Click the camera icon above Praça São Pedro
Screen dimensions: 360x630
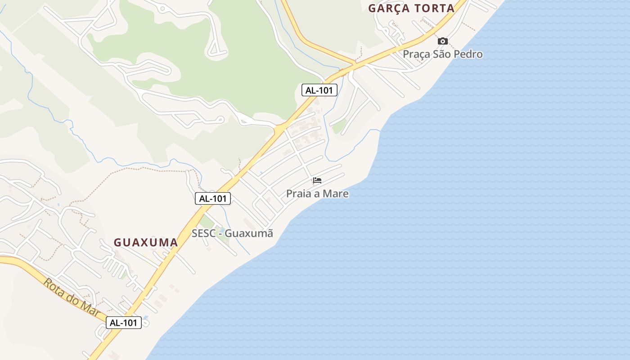pyautogui.click(x=443, y=41)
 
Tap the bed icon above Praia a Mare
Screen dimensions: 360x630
pyautogui.click(x=317, y=180)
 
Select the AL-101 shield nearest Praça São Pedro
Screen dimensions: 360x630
pyautogui.click(x=319, y=90)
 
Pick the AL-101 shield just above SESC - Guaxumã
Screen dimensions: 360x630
pyautogui.click(x=213, y=198)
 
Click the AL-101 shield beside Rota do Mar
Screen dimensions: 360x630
pyautogui.click(x=124, y=322)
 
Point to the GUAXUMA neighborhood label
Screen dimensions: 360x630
pyautogui.click(x=146, y=242)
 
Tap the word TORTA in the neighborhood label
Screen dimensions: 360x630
pyautogui.click(x=434, y=8)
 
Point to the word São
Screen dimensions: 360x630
pyautogui.click(x=443, y=54)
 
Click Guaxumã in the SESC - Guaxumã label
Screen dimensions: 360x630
pyautogui.click(x=249, y=234)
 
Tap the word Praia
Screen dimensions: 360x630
pyautogui.click(x=298, y=194)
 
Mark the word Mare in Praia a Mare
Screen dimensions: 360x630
pyautogui.click(x=337, y=194)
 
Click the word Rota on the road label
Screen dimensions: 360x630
pyautogui.click(x=53, y=286)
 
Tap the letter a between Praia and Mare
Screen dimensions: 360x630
pyautogui.click(x=317, y=194)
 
